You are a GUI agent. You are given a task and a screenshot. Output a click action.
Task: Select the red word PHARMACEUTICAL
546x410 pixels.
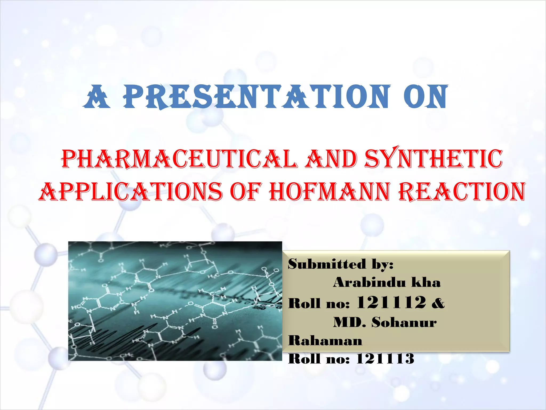[x=179, y=159]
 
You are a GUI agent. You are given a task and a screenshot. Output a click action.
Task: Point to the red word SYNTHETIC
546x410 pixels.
[x=433, y=159]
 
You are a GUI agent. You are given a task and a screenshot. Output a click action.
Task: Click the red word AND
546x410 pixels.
[x=331, y=159]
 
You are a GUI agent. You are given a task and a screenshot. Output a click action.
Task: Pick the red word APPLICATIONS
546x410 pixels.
[x=131, y=192]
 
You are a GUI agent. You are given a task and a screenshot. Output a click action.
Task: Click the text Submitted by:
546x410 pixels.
[x=340, y=264]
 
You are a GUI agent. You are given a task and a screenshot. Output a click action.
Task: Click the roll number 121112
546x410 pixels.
[x=391, y=302]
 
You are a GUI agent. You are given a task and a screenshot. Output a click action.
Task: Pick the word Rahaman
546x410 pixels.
[x=325, y=341]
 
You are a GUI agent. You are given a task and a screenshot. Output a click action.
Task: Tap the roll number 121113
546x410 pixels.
[x=385, y=359]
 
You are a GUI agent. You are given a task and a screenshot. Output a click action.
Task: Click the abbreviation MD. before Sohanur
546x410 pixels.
[x=350, y=322]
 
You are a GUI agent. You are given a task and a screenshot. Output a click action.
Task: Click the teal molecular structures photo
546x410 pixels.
[x=175, y=301]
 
